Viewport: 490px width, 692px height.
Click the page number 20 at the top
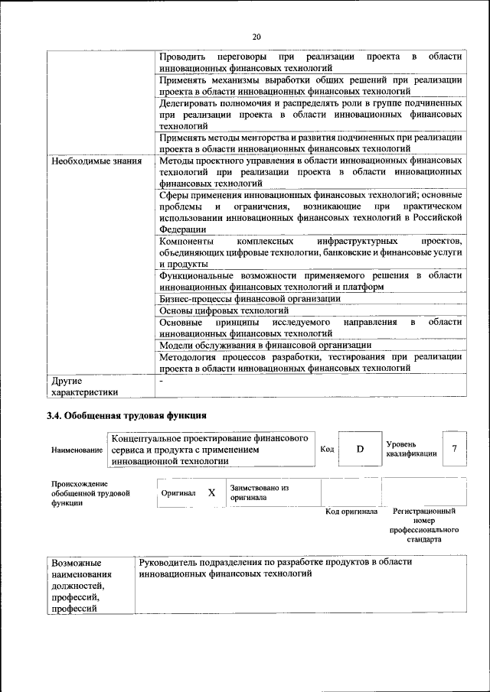[x=256, y=36]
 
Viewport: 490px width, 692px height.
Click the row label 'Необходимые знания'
[x=96, y=161]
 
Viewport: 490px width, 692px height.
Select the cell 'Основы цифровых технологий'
[x=224, y=310]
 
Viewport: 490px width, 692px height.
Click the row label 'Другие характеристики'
[x=84, y=386]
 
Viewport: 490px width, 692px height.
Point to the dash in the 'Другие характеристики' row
[x=161, y=380]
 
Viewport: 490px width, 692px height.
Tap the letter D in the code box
[x=360, y=449]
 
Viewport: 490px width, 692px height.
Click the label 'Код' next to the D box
[x=327, y=449]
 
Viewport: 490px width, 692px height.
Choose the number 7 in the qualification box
[x=455, y=448]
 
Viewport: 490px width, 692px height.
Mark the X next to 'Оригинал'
[x=211, y=492]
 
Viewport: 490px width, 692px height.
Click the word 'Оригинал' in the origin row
[x=178, y=493]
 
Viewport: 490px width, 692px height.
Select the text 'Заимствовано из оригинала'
[x=259, y=492]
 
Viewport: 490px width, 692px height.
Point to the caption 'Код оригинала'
[x=351, y=512]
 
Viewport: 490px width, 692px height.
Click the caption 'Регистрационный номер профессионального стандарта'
[x=423, y=525]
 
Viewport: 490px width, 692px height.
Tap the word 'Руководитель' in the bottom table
[x=168, y=562]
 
